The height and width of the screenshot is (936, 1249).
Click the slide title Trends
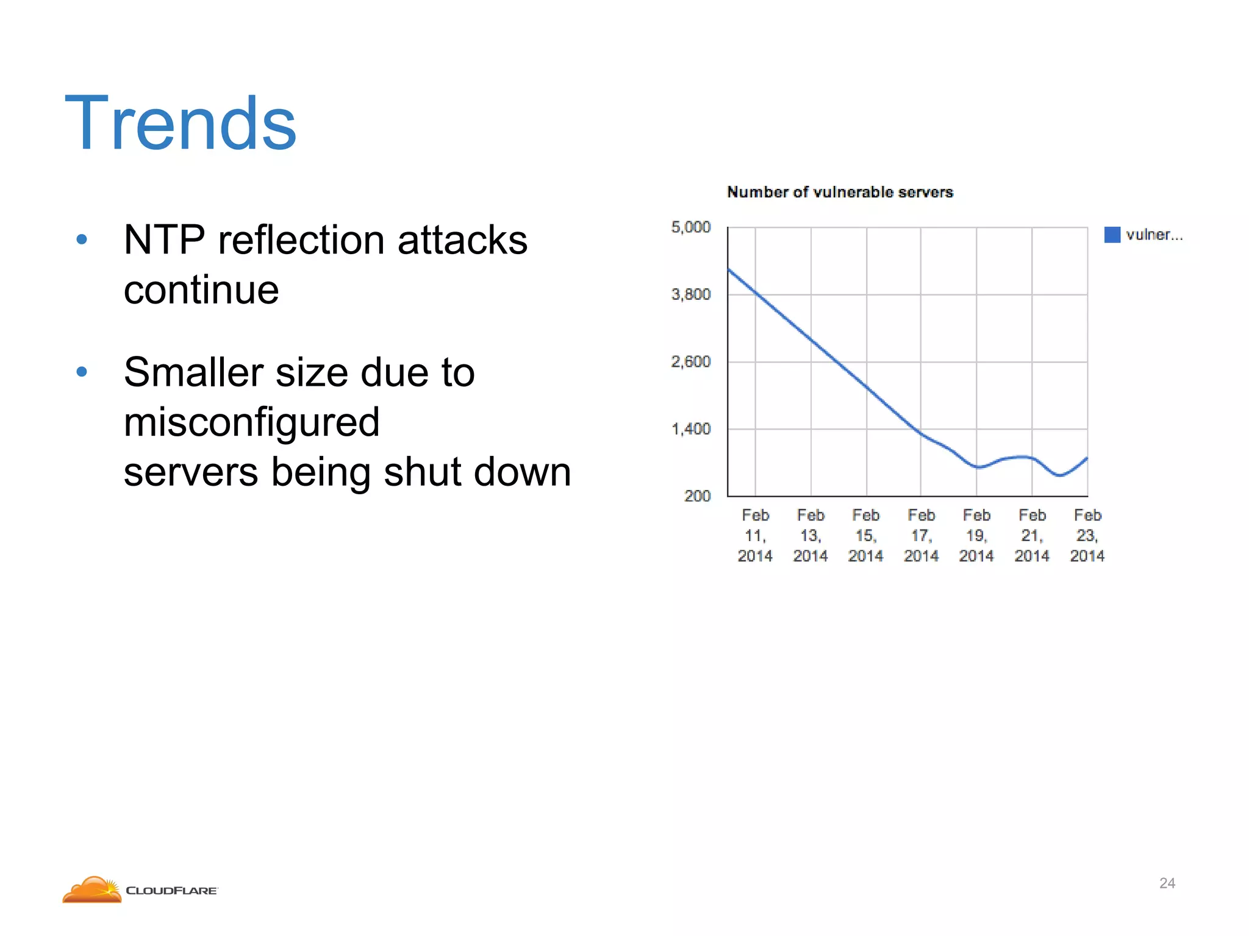coord(181,123)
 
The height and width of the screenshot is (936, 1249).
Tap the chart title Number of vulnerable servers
coord(840,192)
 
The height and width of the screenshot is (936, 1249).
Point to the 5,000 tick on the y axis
coord(691,227)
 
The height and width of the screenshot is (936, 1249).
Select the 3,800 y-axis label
coord(691,294)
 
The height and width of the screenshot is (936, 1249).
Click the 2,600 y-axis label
coord(691,362)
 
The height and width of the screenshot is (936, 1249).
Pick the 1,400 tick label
coord(691,429)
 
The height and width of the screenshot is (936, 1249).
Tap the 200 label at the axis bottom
coord(697,496)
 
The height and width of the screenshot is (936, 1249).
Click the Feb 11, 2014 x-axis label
coord(755,536)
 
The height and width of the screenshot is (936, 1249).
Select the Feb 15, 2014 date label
coord(865,536)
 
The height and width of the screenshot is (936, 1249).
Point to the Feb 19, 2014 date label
coord(976,536)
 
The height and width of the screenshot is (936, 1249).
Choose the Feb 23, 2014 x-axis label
coord(1087,536)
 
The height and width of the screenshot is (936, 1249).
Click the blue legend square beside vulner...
coord(1112,235)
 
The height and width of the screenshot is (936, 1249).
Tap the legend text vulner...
coord(1154,235)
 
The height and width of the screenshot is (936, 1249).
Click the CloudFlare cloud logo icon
coord(93,890)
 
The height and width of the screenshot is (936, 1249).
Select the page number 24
coord(1167,883)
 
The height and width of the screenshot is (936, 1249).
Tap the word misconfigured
coord(251,422)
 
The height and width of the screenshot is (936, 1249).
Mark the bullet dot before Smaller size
coord(82,372)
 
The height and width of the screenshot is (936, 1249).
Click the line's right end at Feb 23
coord(1087,458)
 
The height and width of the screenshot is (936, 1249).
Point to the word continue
coord(201,289)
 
